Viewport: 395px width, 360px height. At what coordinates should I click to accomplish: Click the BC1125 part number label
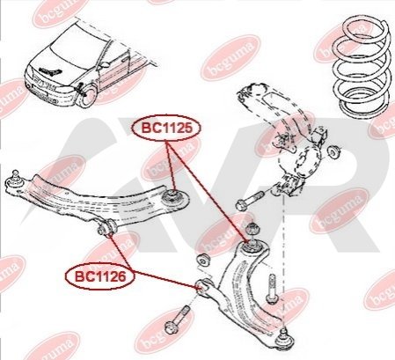pos(167,128)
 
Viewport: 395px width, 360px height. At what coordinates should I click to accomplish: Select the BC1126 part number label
pos(100,276)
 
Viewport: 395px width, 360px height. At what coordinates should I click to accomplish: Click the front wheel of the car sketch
pos(87,96)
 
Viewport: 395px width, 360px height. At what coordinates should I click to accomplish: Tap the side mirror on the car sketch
pos(104,64)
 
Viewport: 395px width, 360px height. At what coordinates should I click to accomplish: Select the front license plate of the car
pos(38,94)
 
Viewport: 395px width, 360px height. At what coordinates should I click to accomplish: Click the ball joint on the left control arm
pos(14,179)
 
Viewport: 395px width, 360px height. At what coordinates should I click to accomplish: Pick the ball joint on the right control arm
pos(283,340)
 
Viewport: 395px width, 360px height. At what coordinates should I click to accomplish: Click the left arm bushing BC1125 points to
pos(173,196)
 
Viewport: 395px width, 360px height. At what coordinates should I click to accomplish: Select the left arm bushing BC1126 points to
pos(106,228)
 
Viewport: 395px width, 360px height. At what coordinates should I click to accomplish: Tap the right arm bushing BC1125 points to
pos(252,246)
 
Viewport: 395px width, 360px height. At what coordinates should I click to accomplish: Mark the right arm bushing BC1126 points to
pos(203,286)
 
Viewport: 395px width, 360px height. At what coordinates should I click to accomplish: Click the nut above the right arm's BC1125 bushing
pos(252,229)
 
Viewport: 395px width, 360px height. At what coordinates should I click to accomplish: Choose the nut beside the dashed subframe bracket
pos(333,153)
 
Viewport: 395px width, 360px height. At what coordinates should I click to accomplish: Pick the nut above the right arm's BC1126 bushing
pos(203,260)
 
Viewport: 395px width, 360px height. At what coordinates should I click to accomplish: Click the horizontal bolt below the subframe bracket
pos(250,200)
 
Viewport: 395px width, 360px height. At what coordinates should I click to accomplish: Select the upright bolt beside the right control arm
pos(272,289)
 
